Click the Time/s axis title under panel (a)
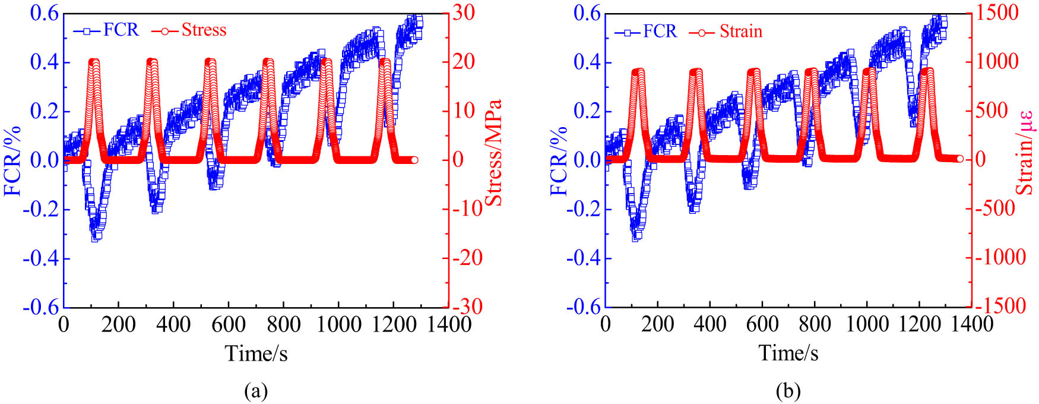[x=256, y=353]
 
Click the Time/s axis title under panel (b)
[x=788, y=353]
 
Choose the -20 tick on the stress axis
[x=466, y=257]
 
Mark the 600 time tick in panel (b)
[x=762, y=324]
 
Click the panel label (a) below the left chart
[x=256, y=391]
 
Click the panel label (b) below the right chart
[x=788, y=391]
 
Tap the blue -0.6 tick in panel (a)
[x=42, y=307]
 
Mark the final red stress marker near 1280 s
[x=414, y=160]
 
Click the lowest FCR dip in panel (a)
[x=96, y=236]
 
